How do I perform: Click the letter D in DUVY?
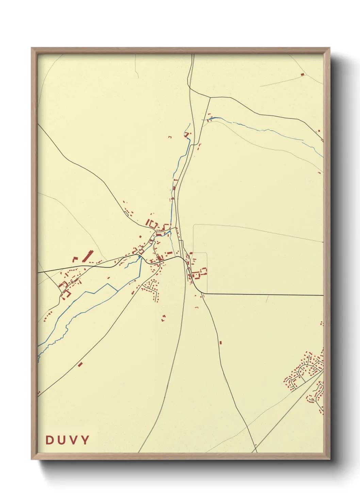click(x=50, y=440)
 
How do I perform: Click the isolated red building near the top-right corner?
click(x=302, y=74)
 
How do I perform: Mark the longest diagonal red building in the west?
click(x=88, y=256)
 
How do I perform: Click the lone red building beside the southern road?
click(x=220, y=342)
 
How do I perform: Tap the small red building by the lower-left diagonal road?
click(x=80, y=364)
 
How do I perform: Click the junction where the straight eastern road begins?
click(x=203, y=293)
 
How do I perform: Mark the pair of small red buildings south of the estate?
click(x=163, y=318)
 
